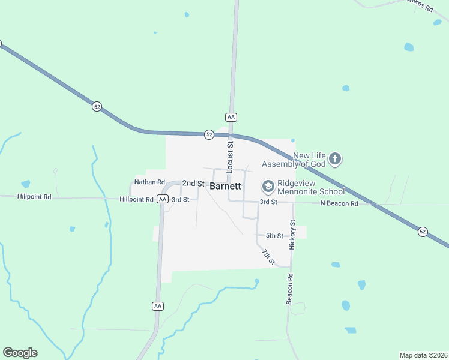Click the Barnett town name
[226, 186]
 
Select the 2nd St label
[193, 183]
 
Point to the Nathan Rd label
[149, 182]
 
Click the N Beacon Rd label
[339, 203]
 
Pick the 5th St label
[274, 236]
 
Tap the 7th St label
[268, 257]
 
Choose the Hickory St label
[293, 235]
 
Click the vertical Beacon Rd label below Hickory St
[289, 289]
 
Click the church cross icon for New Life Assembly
[335, 159]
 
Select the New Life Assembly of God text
[295, 160]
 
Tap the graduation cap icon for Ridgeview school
[268, 187]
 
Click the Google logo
[20, 353]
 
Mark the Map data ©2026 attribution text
[423, 355]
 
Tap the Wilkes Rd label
[420, 5]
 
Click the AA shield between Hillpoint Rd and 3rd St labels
[162, 199]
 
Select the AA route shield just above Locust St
[231, 116]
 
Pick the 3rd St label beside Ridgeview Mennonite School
[268, 202]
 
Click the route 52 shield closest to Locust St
[209, 134]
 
